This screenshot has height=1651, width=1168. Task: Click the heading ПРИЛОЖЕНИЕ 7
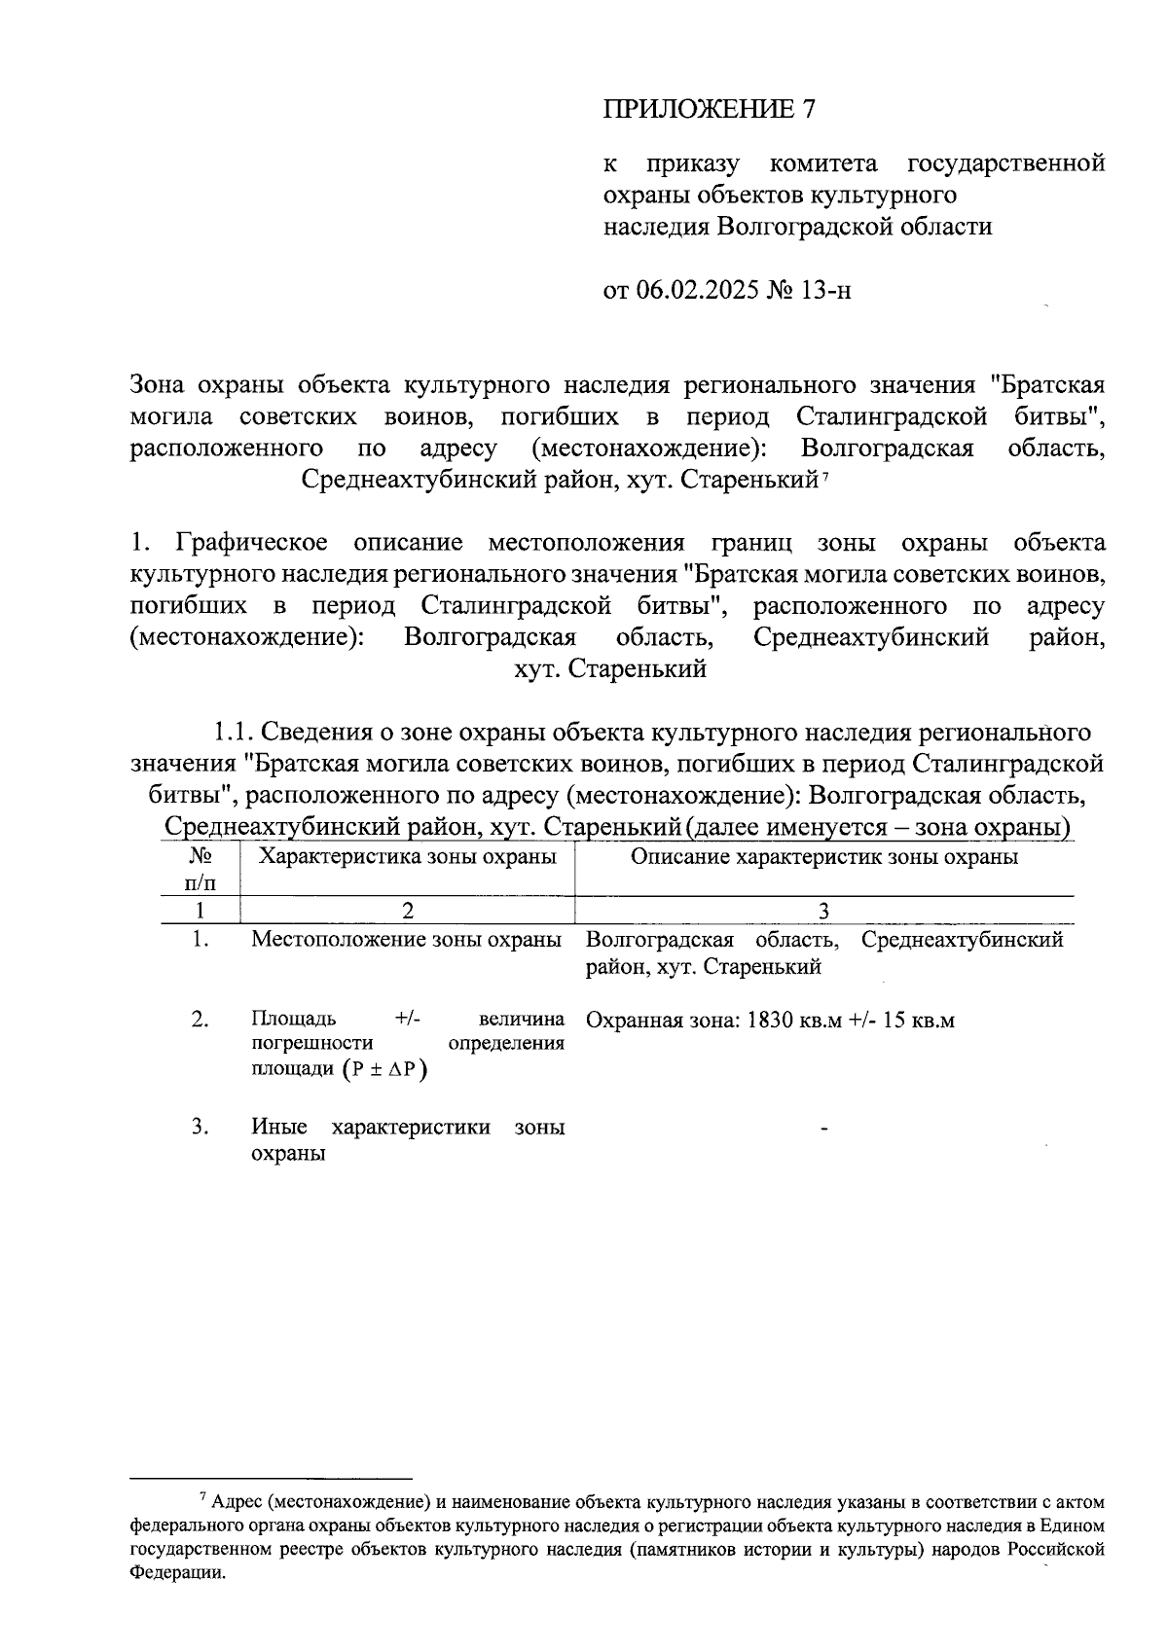(x=708, y=109)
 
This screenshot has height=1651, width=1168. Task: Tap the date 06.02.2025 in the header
(x=698, y=290)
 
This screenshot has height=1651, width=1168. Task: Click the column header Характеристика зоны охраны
(x=407, y=856)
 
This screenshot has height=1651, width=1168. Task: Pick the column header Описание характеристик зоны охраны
(x=824, y=856)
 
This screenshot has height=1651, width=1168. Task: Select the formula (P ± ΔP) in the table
(x=385, y=1068)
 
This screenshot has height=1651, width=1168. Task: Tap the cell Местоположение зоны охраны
(x=407, y=940)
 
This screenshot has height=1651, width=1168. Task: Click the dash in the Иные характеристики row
(x=824, y=1130)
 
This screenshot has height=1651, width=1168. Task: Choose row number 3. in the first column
(x=201, y=1128)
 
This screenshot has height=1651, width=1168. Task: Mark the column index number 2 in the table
(x=407, y=911)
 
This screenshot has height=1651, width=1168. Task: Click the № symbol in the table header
(x=201, y=856)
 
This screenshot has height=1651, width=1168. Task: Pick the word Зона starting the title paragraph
(x=158, y=385)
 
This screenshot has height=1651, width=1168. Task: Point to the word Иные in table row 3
(x=279, y=1128)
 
